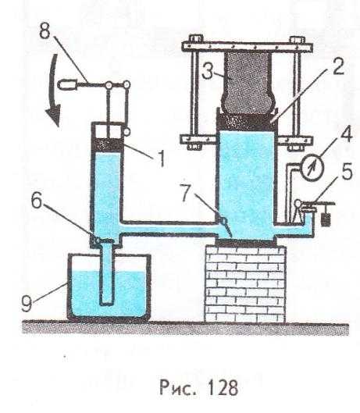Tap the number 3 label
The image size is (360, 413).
[x=208, y=71]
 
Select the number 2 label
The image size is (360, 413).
[x=338, y=66]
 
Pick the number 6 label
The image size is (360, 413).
[x=37, y=201]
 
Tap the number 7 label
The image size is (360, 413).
[x=185, y=193]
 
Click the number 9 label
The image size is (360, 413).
[x=27, y=304]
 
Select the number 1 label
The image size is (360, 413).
[x=162, y=158]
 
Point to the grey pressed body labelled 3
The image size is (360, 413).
[x=248, y=83]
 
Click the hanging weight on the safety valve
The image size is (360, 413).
[x=326, y=219]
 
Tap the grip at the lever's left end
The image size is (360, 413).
[x=66, y=85]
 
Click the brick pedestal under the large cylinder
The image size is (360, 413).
[x=245, y=284]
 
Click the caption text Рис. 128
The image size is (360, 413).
[x=198, y=387]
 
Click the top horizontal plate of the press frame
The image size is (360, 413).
[x=248, y=47]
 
